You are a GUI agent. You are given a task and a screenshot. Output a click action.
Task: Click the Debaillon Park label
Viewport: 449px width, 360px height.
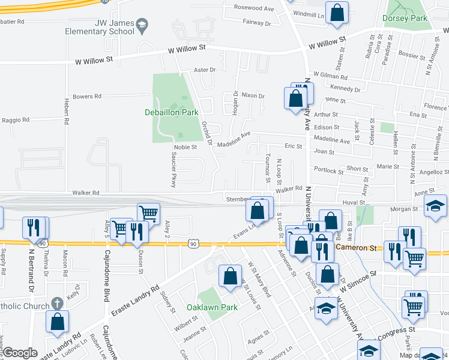click(x=171, y=112)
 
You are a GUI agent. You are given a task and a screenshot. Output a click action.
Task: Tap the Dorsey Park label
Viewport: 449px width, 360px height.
click(x=405, y=19)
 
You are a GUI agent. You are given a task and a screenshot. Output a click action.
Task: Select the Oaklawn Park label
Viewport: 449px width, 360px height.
click(x=212, y=308)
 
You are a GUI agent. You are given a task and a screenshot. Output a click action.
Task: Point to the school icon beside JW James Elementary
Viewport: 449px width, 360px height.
click(x=142, y=25)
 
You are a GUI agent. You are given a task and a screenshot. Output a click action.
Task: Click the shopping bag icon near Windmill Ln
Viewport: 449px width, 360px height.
click(x=337, y=12)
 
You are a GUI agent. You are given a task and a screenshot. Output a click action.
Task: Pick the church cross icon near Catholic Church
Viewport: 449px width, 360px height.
click(x=57, y=304)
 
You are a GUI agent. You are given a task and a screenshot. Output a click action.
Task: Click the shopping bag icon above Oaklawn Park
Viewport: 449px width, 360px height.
click(x=230, y=277)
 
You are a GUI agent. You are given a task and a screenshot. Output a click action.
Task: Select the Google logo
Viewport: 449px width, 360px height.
click(x=20, y=353)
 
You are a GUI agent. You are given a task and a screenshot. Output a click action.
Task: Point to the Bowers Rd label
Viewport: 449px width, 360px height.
click(x=87, y=97)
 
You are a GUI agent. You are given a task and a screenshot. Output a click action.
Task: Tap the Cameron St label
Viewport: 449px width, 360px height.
click(x=356, y=247)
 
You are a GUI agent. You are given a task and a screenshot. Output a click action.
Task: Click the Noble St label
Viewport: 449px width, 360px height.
click(x=185, y=147)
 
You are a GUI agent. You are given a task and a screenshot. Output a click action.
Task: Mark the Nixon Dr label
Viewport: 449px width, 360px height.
click(x=253, y=96)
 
